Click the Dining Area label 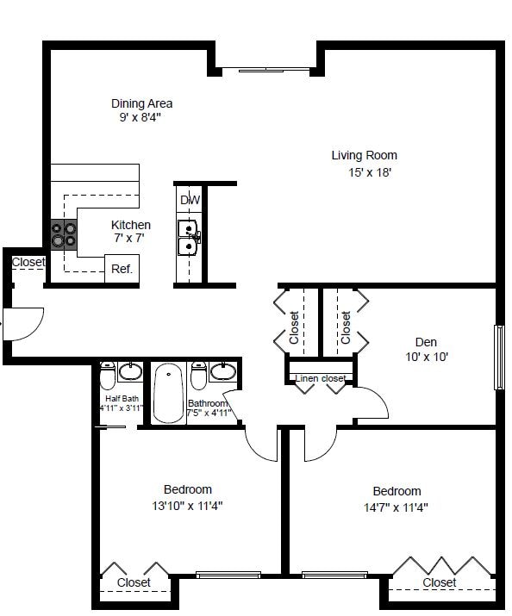[141, 104]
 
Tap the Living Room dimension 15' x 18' [365, 172]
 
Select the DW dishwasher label [190, 201]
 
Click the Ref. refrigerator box [122, 269]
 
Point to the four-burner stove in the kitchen [63, 234]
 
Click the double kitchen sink [189, 239]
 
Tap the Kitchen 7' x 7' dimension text [130, 238]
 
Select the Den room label [426, 342]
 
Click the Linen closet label [321, 378]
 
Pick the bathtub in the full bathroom [168, 392]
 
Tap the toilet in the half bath [107, 376]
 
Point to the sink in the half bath [130, 372]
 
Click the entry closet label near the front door [28, 262]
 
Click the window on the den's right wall [498, 357]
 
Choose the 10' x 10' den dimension [427, 357]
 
